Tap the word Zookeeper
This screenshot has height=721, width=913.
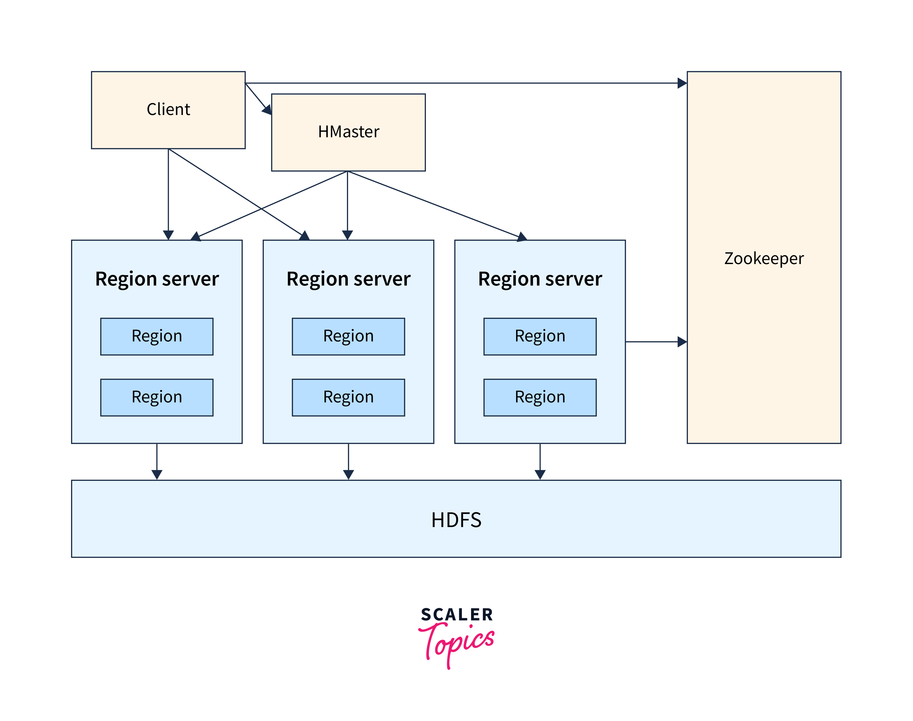(764, 258)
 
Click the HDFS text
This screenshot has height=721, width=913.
(456, 520)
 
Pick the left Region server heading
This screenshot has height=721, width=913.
(157, 279)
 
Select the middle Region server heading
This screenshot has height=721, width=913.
(348, 279)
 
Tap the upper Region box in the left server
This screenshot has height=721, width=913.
(157, 336)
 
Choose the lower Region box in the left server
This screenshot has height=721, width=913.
(157, 397)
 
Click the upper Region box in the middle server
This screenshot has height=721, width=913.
(348, 336)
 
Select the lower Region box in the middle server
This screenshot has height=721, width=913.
(348, 397)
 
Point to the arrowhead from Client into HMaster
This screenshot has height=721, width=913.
(267, 110)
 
